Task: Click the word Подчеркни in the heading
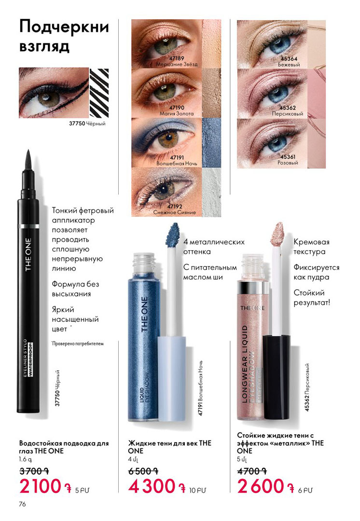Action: click(x=64, y=27)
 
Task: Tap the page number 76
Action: click(x=22, y=504)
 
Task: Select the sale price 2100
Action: click(x=41, y=486)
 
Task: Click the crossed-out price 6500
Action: click(x=141, y=471)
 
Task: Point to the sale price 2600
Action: click(x=261, y=486)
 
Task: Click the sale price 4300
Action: click(x=152, y=486)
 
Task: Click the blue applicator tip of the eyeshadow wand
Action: click(x=173, y=233)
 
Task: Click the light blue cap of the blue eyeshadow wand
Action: click(x=172, y=379)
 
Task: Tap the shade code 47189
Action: click(x=177, y=58)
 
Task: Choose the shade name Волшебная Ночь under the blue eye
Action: click(x=177, y=164)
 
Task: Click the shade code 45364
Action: click(x=289, y=59)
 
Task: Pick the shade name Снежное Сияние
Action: click(x=175, y=212)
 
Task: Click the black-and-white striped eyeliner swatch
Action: click(x=99, y=92)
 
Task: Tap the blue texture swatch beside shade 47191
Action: click(x=211, y=142)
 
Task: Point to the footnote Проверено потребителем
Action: click(x=78, y=343)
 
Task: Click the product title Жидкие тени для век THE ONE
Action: click(x=169, y=447)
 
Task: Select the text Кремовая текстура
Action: click(x=311, y=247)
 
